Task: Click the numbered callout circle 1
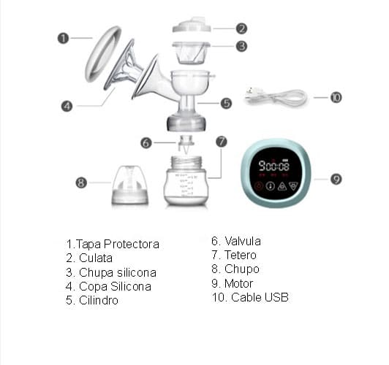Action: tap(63, 39)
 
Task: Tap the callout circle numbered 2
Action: tap(241, 28)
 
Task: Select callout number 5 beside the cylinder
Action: tap(226, 103)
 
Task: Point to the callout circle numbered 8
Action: tap(81, 182)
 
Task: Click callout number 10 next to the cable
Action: tap(336, 97)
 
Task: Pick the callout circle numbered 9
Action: tap(336, 179)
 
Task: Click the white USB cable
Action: tap(276, 98)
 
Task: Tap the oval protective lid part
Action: tap(102, 54)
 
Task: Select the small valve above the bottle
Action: tap(185, 144)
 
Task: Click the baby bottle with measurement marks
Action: tap(186, 181)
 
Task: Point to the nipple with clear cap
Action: tap(130, 185)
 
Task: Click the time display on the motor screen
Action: tap(273, 166)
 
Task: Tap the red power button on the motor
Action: tap(259, 185)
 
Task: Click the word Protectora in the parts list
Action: tap(132, 245)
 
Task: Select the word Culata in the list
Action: tap(96, 258)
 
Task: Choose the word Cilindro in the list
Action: tap(99, 300)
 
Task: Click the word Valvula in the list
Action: tap(243, 241)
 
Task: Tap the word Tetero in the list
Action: tap(241, 255)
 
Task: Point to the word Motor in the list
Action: tap(238, 283)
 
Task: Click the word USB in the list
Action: tap(276, 297)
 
